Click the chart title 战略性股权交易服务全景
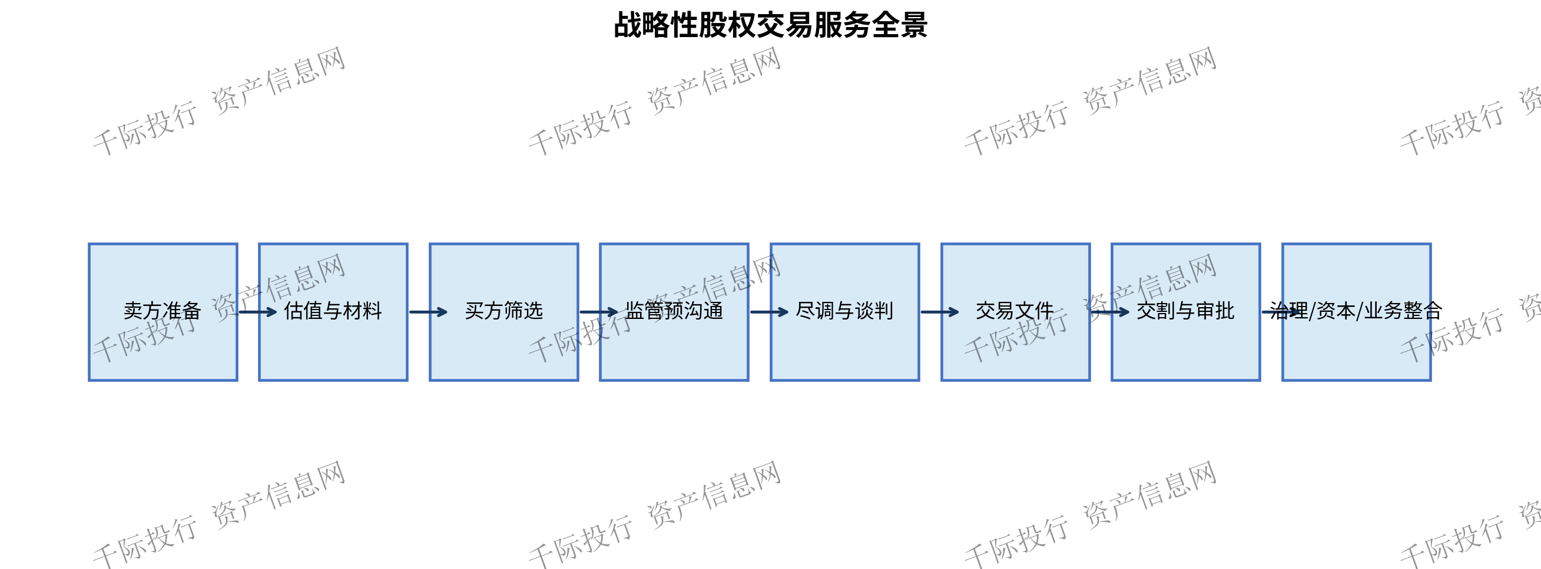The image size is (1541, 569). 770,25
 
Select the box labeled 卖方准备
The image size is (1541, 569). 163,312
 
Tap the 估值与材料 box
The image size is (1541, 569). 333,312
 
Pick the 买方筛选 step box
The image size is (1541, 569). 503,312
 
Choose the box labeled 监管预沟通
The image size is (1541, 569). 674,312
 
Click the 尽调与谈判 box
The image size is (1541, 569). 844,312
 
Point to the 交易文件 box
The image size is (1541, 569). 1015,312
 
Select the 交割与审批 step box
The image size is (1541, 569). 1186,312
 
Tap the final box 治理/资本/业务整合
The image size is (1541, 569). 1356,312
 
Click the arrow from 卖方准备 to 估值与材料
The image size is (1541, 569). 258,312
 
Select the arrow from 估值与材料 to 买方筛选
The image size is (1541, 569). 428,312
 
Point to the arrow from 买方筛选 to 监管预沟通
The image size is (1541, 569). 599,312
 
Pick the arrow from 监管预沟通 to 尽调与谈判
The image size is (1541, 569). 769,312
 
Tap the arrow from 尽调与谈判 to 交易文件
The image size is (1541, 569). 940,312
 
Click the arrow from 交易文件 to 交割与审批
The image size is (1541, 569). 1111,312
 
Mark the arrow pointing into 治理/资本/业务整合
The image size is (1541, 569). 1281,312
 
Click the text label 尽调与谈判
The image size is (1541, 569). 844,311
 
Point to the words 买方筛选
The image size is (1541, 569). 503,311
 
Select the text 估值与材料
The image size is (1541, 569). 333,311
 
